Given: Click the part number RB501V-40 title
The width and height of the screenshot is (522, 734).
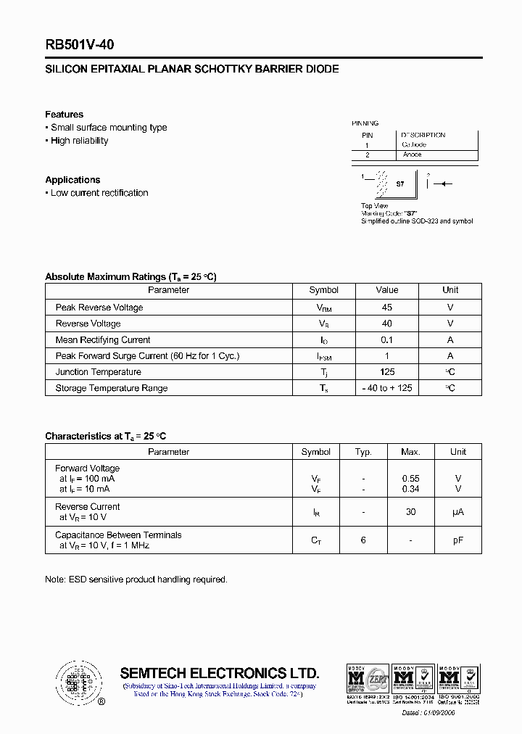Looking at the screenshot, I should [80, 44].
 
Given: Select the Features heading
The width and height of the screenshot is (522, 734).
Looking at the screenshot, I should [64, 115].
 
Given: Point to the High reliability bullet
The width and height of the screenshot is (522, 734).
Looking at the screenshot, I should [79, 141].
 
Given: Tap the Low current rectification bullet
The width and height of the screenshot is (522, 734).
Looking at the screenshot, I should [99, 193].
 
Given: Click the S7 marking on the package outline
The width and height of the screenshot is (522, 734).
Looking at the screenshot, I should [400, 184].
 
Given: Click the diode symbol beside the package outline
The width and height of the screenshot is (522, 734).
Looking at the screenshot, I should [439, 184].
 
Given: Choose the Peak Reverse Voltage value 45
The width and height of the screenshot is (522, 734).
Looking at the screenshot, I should [386, 308].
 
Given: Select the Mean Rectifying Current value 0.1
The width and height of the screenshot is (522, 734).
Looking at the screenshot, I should [386, 339].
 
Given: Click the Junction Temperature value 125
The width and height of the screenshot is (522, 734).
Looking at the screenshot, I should [386, 372].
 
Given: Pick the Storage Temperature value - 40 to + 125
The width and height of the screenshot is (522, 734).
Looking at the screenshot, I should [386, 388].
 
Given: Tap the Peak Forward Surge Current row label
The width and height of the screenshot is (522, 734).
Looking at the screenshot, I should [147, 356].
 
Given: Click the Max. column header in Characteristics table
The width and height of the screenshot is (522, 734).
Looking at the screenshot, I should [410, 452].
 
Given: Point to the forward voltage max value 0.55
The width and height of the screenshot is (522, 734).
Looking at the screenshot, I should [410, 479].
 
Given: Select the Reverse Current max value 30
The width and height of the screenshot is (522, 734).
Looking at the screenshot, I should [410, 512].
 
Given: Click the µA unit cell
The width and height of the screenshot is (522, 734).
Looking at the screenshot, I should [457, 512].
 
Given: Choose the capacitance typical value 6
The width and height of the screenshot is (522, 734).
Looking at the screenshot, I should [363, 540].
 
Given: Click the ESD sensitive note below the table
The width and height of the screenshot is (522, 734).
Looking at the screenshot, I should [136, 580].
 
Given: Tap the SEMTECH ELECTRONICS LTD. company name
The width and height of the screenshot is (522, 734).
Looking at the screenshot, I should [219, 672].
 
